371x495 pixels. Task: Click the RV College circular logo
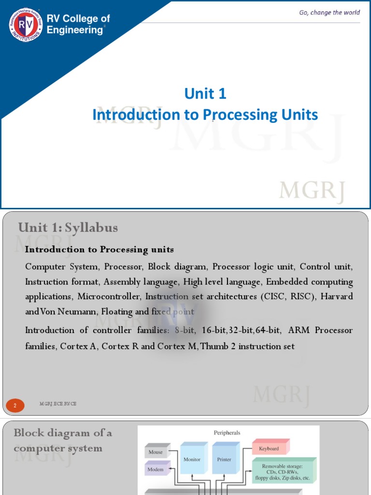(x=26, y=25)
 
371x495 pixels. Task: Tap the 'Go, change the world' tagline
(x=329, y=12)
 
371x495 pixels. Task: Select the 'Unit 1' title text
(x=205, y=93)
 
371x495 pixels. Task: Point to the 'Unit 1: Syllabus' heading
(x=68, y=227)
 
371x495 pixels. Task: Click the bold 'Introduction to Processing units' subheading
(x=99, y=249)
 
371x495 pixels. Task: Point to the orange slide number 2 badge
(x=15, y=406)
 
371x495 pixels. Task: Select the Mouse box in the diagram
(x=156, y=452)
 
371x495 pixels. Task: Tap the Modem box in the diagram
(x=156, y=469)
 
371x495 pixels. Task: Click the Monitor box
(x=192, y=460)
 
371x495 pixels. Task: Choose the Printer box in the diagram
(x=224, y=460)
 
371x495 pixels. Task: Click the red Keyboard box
(x=269, y=449)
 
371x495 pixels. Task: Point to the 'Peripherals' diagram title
(x=227, y=433)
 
